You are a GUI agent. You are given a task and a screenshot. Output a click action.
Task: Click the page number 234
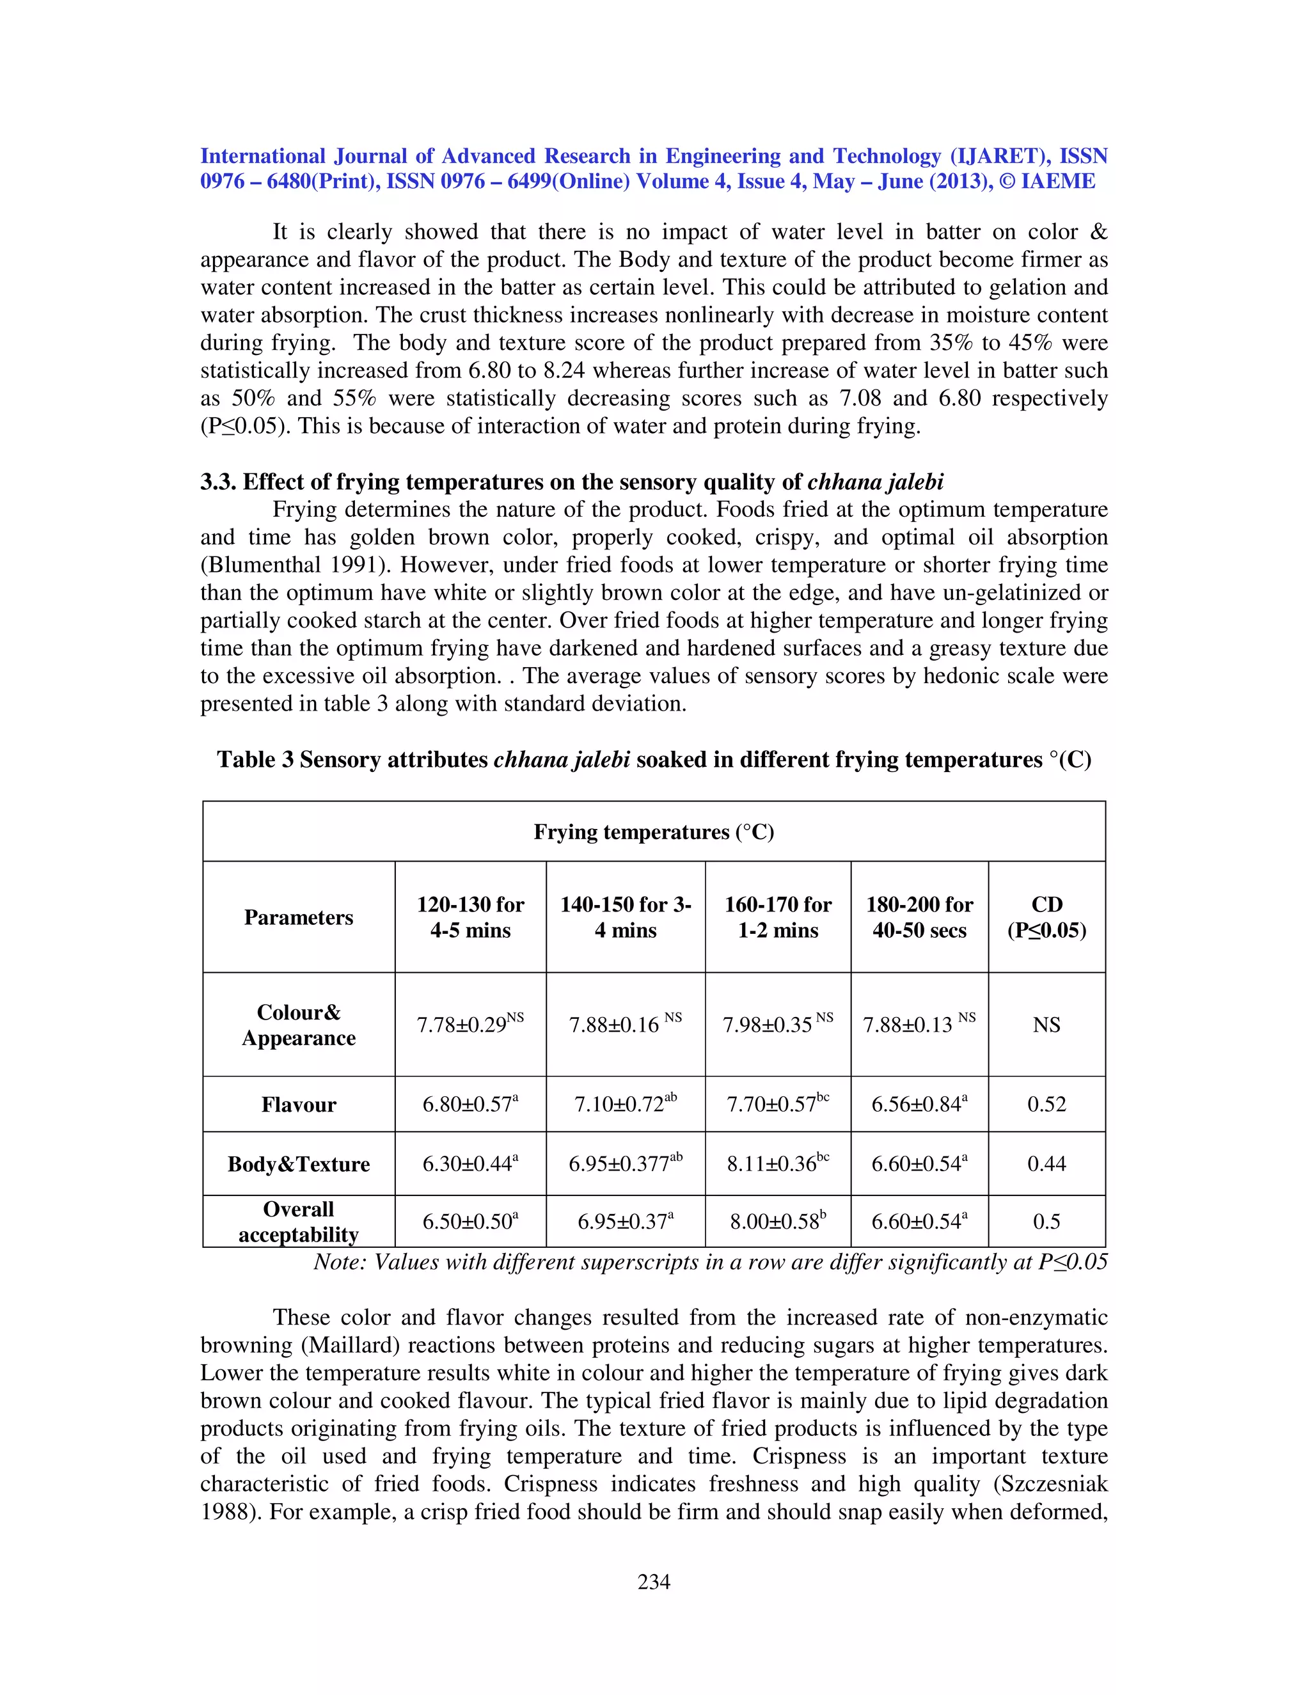click(654, 1582)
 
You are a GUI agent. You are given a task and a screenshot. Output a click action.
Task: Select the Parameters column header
click(298, 917)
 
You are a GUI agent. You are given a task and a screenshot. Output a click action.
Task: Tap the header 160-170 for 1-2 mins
click(778, 917)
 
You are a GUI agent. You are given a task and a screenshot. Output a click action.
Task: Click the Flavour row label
click(298, 1105)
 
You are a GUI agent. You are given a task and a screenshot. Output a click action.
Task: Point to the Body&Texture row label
click(298, 1164)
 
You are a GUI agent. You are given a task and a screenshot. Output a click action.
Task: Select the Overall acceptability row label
click(298, 1222)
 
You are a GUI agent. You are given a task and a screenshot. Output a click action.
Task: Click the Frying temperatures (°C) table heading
click(654, 832)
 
